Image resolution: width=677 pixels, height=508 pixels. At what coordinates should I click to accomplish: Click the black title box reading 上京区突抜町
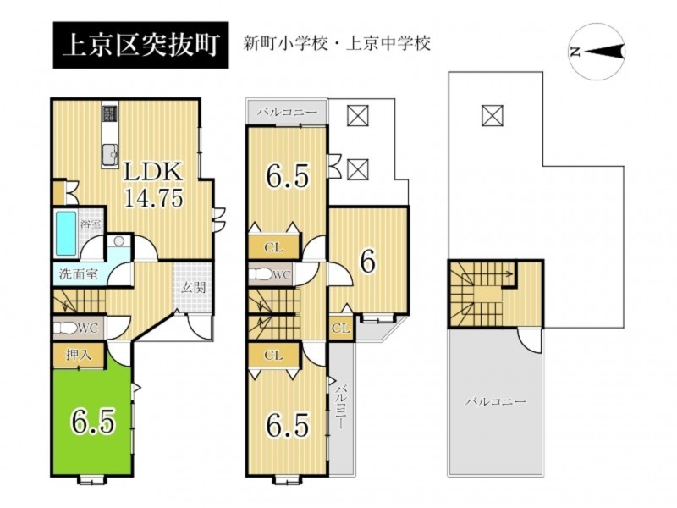140,46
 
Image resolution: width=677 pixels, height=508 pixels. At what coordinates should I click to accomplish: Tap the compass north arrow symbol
603,52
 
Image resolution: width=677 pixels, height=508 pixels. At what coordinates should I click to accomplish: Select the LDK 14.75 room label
153,185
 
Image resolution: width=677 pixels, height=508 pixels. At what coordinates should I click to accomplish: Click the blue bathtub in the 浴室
67,233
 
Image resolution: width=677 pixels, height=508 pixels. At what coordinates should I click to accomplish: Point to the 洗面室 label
79,273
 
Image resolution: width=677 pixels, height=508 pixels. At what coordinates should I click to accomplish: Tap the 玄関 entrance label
193,287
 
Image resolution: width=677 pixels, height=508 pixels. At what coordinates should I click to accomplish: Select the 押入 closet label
79,355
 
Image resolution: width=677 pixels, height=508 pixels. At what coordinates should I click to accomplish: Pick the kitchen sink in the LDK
111,154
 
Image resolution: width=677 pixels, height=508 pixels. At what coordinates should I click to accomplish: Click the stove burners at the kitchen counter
110,114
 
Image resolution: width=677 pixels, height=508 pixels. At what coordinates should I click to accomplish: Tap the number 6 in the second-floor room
367,262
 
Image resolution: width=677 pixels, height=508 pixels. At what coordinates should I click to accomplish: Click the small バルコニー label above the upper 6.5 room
287,113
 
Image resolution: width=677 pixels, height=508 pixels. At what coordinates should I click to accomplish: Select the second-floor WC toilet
262,273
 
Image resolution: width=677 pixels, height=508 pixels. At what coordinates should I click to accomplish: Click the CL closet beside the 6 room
341,329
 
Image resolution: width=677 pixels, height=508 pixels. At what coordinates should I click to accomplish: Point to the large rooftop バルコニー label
495,401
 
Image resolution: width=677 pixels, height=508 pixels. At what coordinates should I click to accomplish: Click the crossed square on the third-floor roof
492,115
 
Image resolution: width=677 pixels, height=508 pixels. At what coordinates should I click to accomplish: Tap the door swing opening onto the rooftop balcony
530,340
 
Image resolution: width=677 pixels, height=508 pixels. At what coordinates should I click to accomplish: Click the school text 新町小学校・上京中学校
337,44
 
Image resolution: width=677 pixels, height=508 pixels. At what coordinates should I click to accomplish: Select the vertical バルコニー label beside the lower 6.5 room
342,406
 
